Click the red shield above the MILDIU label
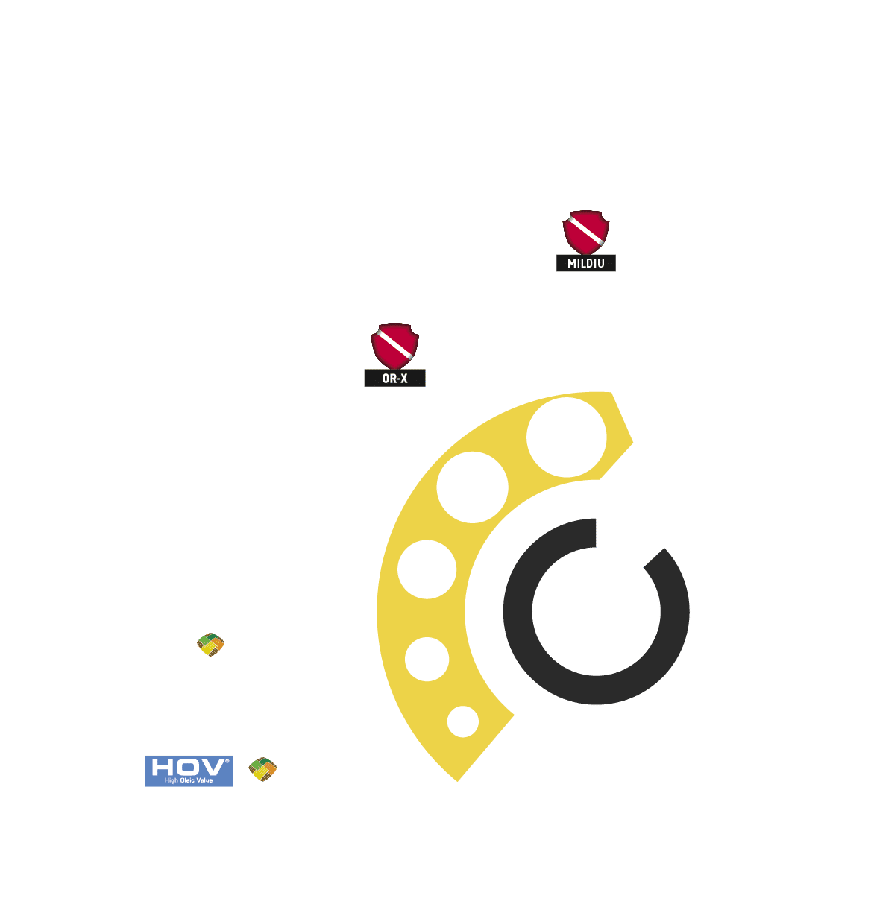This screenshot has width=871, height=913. (x=585, y=233)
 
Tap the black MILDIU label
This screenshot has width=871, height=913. (x=585, y=263)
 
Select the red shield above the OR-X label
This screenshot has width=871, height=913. (x=394, y=347)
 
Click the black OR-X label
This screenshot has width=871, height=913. (x=394, y=378)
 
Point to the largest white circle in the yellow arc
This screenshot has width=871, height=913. (x=566, y=437)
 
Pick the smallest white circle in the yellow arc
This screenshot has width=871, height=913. (x=462, y=721)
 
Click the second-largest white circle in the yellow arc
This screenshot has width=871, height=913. (x=472, y=487)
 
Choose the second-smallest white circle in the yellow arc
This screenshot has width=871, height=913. (x=427, y=659)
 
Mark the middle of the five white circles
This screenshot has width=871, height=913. (x=427, y=569)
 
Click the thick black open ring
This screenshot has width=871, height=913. (x=518, y=613)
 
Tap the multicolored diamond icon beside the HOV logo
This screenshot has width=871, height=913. (x=262, y=769)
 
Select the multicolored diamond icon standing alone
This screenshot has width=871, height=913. (x=210, y=644)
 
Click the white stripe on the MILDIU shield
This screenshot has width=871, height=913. (x=587, y=231)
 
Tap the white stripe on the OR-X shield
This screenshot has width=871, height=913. (x=394, y=344)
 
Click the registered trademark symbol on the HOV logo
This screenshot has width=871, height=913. (x=227, y=762)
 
